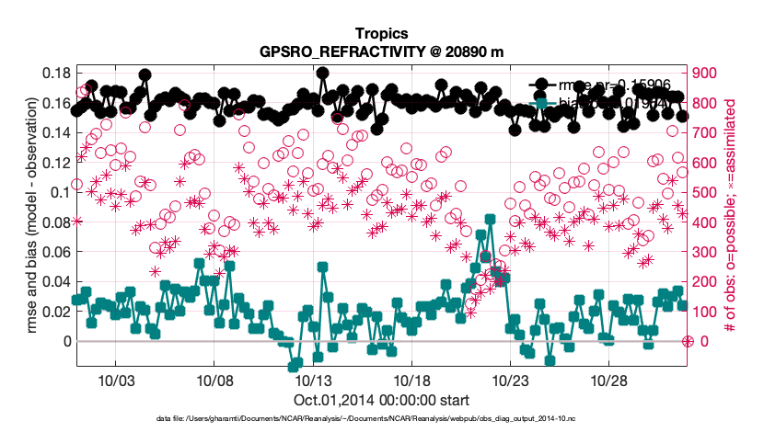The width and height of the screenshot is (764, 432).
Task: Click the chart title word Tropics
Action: click(381, 35)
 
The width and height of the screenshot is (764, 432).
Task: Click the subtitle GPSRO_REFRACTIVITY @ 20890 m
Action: click(381, 52)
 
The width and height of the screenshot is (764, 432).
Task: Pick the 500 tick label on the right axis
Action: click(706, 192)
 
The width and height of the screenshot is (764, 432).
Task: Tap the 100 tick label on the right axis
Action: click(706, 312)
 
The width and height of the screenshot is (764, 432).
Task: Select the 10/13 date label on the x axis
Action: click(314, 380)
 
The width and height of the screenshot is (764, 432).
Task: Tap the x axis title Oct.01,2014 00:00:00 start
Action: click(381, 400)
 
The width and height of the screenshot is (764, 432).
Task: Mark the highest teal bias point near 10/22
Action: click(490, 220)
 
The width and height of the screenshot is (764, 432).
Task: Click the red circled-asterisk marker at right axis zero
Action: click(688, 341)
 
